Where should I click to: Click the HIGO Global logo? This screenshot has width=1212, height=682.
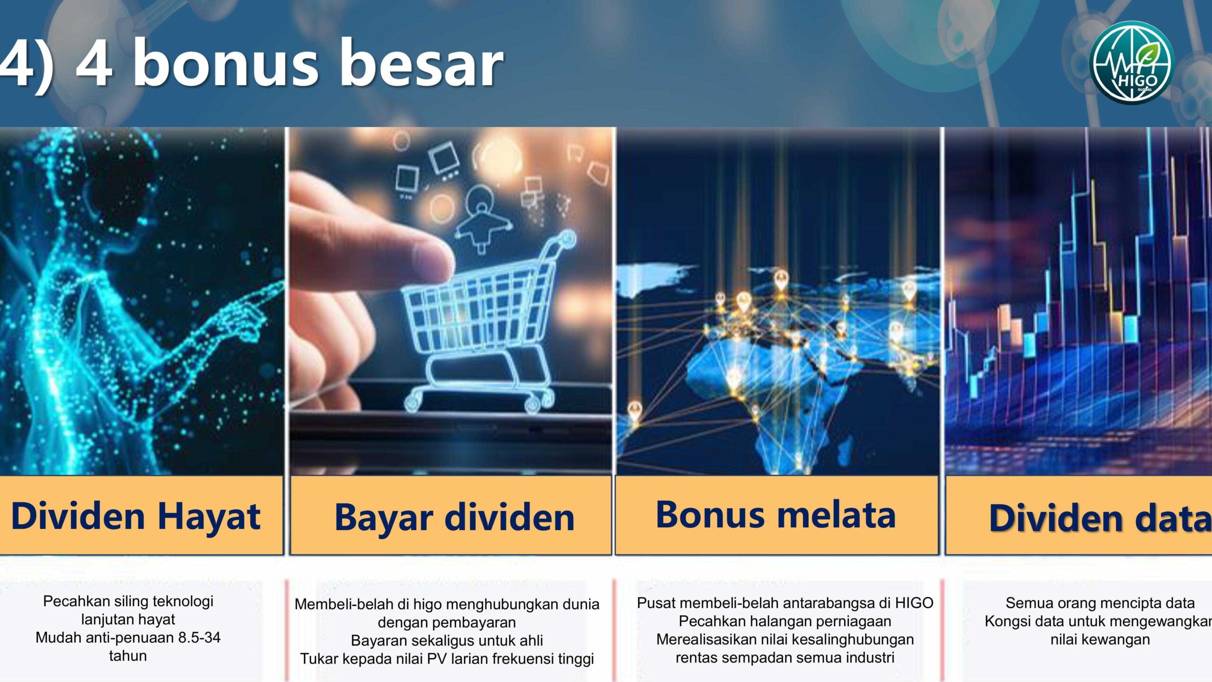[1132, 62]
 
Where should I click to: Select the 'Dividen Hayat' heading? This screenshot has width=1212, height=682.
[136, 516]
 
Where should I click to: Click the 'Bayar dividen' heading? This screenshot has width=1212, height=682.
[454, 517]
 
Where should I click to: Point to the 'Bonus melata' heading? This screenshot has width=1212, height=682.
[775, 514]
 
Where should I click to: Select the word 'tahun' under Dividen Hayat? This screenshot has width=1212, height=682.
[128, 656]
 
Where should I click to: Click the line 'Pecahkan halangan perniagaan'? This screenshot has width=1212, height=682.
[785, 621]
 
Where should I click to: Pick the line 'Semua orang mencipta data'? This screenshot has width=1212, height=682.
[1100, 603]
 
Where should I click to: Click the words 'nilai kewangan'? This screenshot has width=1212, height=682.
[1100, 639]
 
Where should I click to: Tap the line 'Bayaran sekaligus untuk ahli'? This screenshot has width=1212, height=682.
[447, 640]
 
